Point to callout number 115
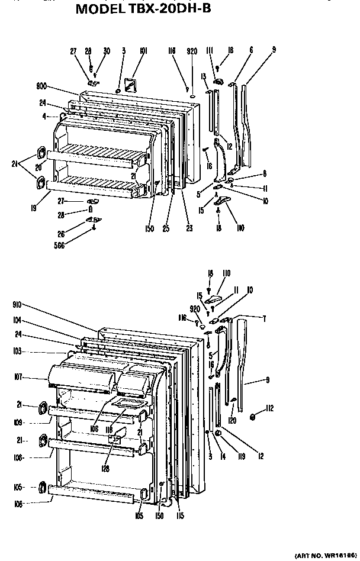(x=180, y=515)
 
